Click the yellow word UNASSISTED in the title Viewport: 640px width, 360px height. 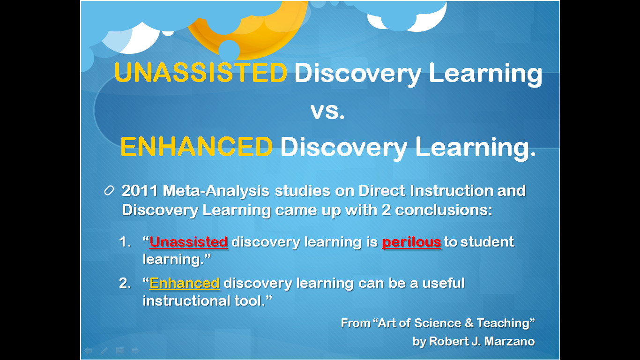(x=201, y=73)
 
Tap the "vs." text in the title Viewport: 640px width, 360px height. (x=327, y=111)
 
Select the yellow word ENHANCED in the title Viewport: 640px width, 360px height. (x=196, y=147)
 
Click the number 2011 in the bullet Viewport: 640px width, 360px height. (x=140, y=191)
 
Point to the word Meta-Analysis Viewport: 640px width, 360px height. (x=216, y=191)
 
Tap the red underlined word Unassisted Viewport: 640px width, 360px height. (x=188, y=242)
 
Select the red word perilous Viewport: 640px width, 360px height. (x=412, y=242)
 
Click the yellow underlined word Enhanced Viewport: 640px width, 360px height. (x=185, y=284)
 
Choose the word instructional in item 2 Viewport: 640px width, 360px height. (x=186, y=301)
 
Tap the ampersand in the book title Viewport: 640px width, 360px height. (x=469, y=323)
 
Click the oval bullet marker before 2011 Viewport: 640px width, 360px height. (x=109, y=191)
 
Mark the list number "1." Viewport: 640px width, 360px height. (x=125, y=242)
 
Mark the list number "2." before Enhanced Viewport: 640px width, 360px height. (x=125, y=284)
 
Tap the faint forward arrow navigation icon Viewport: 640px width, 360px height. (x=135, y=351)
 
